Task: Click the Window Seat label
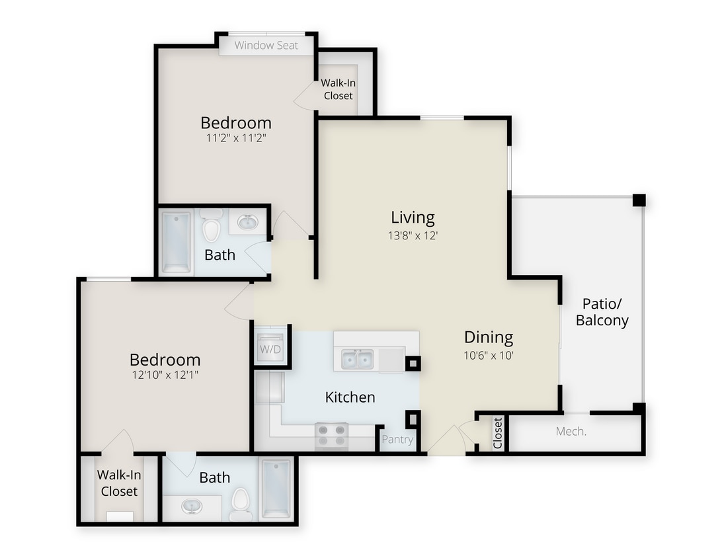click(x=266, y=46)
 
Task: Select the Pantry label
click(x=397, y=440)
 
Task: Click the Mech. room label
click(x=571, y=432)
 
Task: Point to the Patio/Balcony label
click(x=602, y=312)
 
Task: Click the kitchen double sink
click(x=358, y=360)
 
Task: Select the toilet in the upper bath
click(x=211, y=227)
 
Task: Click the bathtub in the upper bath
click(x=177, y=241)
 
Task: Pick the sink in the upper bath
click(x=248, y=222)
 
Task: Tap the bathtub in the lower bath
click(x=276, y=489)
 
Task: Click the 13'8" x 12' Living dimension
click(x=413, y=235)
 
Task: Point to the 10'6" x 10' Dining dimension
click(x=489, y=355)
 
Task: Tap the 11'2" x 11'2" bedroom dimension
click(x=236, y=139)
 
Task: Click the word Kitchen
click(x=350, y=397)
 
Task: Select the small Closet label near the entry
click(x=498, y=432)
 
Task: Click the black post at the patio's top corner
click(x=638, y=200)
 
